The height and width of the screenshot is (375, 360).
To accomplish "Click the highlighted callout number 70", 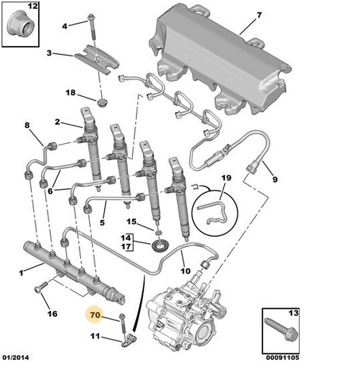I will tap(95, 316).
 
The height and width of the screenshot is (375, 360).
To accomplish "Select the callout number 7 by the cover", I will tap(257, 15).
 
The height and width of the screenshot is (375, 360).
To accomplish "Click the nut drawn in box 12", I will tap(19, 29).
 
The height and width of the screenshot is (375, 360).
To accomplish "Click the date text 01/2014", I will tap(15, 365).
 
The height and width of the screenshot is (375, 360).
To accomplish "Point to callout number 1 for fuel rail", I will tap(20, 272).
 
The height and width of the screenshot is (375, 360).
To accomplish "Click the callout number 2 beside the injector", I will tap(57, 122).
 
